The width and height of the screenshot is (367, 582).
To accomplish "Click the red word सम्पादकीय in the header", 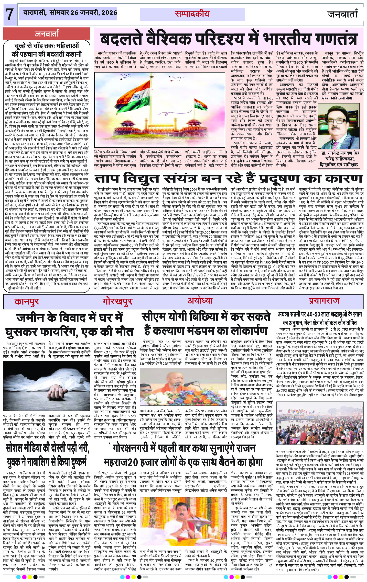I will pos(192,14).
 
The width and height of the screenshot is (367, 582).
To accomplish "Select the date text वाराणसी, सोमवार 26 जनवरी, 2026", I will pos(70,13).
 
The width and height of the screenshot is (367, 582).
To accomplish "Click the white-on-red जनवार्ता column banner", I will pos(47,34).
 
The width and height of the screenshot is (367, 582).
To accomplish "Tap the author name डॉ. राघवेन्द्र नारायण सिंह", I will pos(339,153).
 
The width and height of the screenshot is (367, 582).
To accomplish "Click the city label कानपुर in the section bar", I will pos(27,301).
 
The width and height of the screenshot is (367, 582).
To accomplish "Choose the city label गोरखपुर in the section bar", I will pos(117,301).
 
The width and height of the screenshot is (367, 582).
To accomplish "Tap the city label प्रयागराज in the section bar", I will pos(324,300).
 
